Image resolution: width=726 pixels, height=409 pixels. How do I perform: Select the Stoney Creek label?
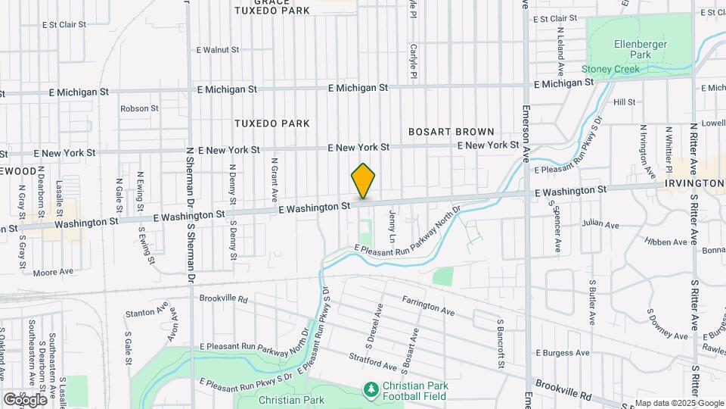click(x=610, y=69)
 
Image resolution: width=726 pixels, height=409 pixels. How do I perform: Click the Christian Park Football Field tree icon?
click(x=371, y=389)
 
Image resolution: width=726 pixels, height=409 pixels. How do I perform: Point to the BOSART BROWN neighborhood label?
click(x=451, y=132)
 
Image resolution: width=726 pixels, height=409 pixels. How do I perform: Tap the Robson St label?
click(x=138, y=108)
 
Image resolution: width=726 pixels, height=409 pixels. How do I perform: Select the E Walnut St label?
click(x=217, y=50)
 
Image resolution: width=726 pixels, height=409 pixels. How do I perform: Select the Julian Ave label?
click(x=600, y=224)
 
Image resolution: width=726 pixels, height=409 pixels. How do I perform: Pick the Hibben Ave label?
click(x=671, y=242)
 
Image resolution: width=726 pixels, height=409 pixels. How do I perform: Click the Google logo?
click(x=26, y=398)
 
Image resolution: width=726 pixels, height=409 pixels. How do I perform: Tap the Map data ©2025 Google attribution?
click(x=679, y=403)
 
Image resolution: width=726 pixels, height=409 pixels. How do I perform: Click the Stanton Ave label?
click(x=147, y=311)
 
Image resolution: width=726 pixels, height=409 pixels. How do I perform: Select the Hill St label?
click(x=625, y=101)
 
